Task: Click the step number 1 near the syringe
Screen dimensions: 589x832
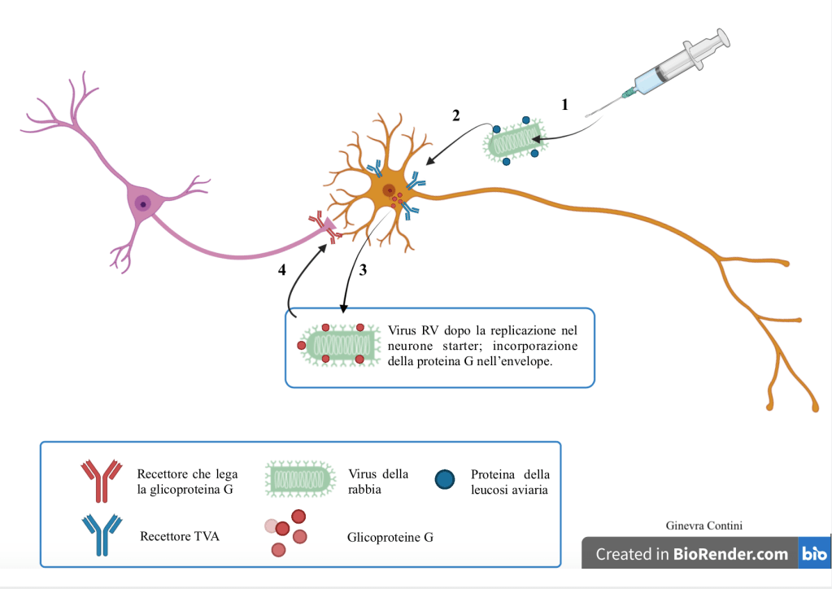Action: (x=564, y=104)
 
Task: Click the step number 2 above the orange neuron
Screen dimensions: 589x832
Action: (x=456, y=116)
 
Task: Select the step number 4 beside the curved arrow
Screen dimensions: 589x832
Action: (x=282, y=271)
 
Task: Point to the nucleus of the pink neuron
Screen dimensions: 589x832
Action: (x=143, y=203)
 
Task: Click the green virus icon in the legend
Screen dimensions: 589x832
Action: (x=299, y=479)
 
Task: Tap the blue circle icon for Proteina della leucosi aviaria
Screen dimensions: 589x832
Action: (x=445, y=479)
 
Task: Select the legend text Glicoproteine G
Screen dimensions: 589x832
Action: (x=390, y=537)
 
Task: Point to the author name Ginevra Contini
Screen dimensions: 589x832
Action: (x=703, y=526)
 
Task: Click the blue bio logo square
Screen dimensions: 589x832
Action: (x=814, y=553)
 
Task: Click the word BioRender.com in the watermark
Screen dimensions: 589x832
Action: (x=730, y=554)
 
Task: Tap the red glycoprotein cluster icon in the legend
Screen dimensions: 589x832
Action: (x=287, y=533)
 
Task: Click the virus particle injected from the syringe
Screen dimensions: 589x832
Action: (x=514, y=140)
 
